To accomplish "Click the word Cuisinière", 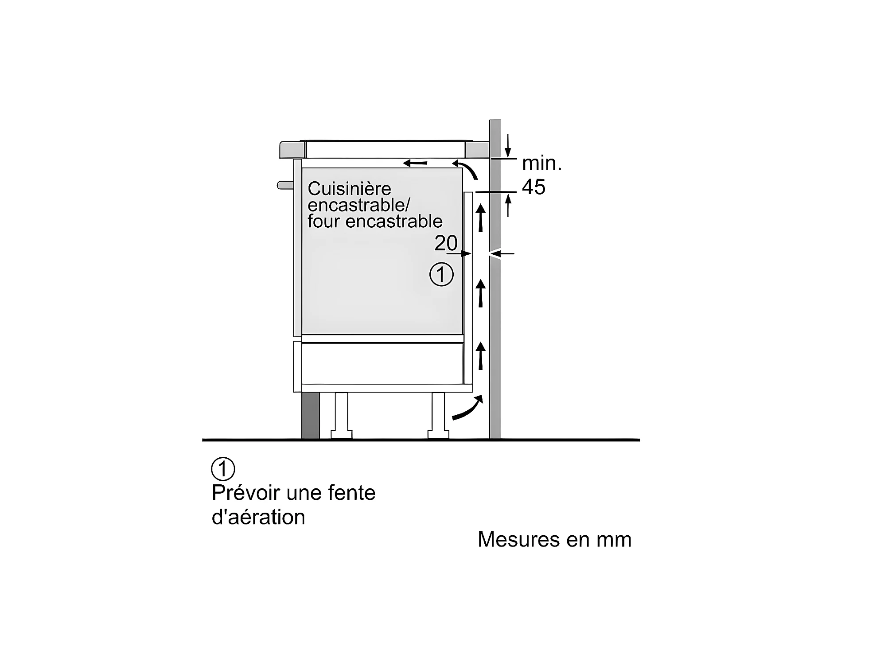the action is [x=349, y=189].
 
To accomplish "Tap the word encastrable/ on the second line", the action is [x=359, y=205].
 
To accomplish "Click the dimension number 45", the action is [x=534, y=187].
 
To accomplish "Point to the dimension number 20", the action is [x=446, y=243].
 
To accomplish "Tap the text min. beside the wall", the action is [x=541, y=164].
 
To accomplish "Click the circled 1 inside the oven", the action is [x=441, y=275].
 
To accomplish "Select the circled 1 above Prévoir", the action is [x=223, y=469].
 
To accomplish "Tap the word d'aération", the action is [x=258, y=518].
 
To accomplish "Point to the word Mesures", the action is [x=514, y=540].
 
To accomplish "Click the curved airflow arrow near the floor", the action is [x=467, y=409].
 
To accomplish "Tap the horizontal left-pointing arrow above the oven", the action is [x=415, y=163].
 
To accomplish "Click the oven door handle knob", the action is [x=285, y=185].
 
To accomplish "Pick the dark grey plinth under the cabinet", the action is [x=310, y=415].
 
